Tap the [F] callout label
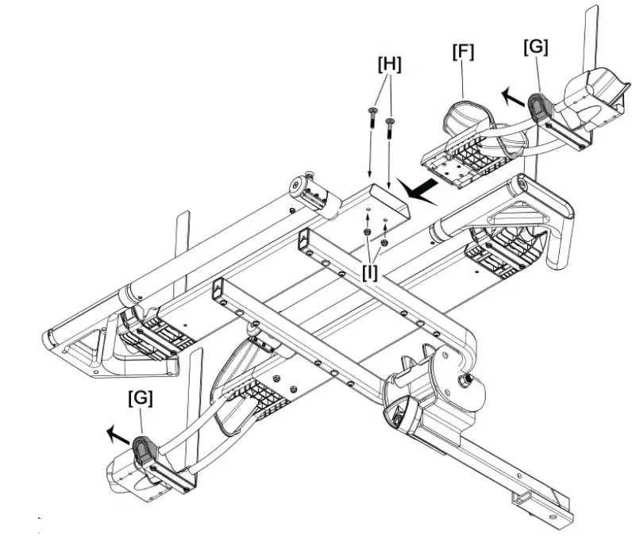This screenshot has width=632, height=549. pyautogui.click(x=464, y=53)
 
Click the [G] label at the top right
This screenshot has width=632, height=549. pyautogui.click(x=536, y=47)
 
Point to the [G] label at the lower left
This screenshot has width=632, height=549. pyautogui.click(x=140, y=397)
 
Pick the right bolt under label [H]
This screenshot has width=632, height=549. pyautogui.click(x=390, y=129)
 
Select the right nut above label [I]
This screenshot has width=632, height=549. pyautogui.click(x=384, y=241)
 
